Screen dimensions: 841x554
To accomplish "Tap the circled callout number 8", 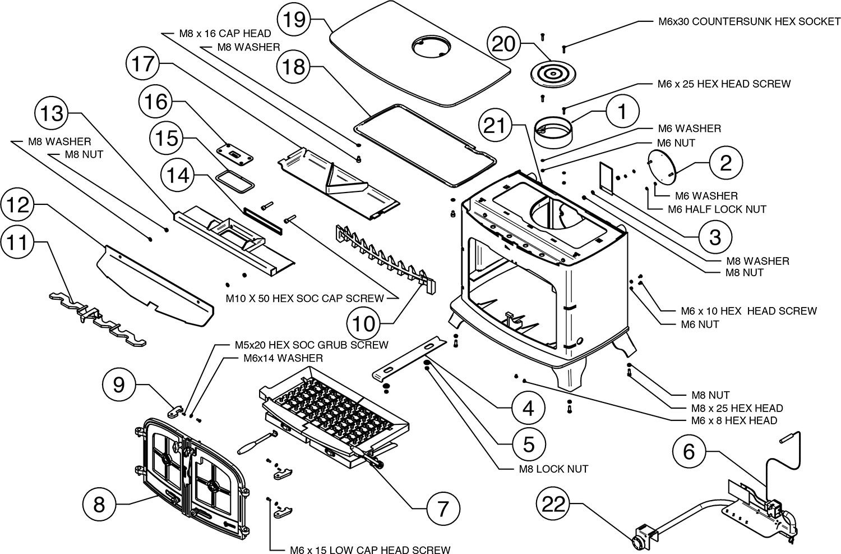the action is click(x=99, y=504).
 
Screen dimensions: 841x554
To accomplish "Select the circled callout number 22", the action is click(x=554, y=503).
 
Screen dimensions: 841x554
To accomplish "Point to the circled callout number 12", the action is click(x=17, y=204).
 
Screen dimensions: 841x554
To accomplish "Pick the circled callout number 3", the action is click(x=715, y=237).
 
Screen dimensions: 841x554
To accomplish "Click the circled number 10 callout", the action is click(x=363, y=323).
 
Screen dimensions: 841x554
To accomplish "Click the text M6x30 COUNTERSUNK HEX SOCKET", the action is click(x=750, y=21).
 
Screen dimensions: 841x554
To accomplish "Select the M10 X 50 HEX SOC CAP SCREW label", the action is click(x=304, y=299).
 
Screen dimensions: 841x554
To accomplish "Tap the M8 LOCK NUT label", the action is click(x=553, y=469).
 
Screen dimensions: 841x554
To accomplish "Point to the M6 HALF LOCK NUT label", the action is click(x=717, y=209).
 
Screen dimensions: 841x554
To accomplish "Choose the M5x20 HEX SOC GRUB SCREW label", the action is click(x=311, y=345).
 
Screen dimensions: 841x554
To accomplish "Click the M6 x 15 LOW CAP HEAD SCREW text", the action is click(x=370, y=550).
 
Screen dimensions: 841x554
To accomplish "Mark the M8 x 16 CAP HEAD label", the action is click(x=225, y=34).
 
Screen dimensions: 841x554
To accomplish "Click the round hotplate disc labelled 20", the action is click(x=553, y=75).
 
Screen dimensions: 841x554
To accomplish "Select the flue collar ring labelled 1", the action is click(x=553, y=132).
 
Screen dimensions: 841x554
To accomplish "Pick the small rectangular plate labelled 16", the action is click(x=235, y=154).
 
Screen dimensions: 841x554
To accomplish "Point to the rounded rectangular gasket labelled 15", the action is click(x=236, y=181).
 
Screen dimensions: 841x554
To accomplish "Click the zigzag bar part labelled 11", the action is click(x=98, y=319).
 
